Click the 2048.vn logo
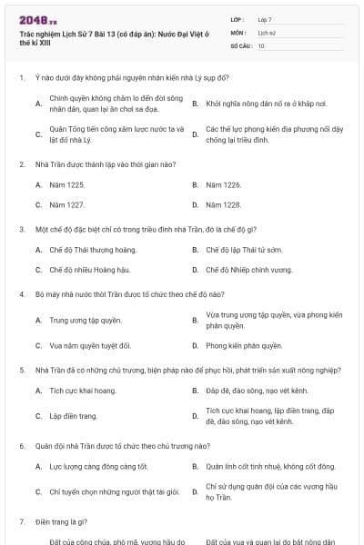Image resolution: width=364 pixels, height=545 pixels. pos(37,18)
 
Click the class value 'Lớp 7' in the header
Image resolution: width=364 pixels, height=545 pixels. pos(265,19)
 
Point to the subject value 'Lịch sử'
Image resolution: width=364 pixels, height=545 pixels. pos(267,32)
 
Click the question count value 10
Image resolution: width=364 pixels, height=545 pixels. pos(261,45)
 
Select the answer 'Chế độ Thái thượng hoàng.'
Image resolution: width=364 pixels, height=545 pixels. pos(92,249)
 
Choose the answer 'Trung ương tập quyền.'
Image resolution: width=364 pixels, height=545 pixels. pos(85,320)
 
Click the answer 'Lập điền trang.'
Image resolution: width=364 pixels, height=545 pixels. pos(73,416)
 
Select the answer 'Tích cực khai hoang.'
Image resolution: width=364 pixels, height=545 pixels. pos(83,391)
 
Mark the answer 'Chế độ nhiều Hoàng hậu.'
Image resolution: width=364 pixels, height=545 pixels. pos(88,270)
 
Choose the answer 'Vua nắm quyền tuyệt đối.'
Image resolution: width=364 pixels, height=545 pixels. pos(89,345)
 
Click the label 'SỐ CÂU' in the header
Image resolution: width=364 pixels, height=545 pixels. pos(239,45)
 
